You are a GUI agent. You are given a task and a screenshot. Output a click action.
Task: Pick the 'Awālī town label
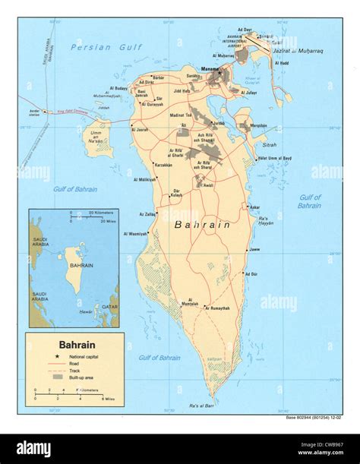(208, 184)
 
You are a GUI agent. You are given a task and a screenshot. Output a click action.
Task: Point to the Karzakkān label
(163, 165)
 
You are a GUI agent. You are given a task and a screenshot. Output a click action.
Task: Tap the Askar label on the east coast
(255, 207)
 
